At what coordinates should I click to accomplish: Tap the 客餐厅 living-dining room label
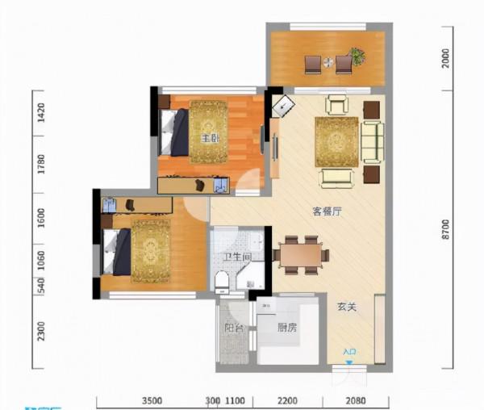point(328,212)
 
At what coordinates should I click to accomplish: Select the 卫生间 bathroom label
point(238,257)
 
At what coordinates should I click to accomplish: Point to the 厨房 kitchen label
point(288,328)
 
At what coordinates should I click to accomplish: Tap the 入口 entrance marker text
point(349,352)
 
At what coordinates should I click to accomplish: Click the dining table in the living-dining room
point(301,254)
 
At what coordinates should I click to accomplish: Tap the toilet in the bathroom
point(223,279)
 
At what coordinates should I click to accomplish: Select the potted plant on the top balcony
point(357,56)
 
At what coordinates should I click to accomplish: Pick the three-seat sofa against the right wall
point(373,142)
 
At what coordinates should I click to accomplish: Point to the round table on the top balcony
point(328,62)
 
